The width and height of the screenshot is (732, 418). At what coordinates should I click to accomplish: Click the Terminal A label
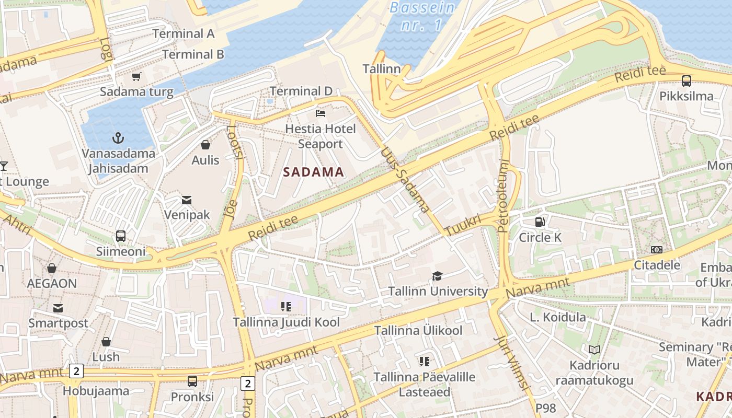184,34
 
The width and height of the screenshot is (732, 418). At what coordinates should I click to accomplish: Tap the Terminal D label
301,91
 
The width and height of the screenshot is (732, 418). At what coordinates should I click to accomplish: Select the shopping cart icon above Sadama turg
136,77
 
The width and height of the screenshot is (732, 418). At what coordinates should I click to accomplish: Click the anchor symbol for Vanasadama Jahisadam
118,138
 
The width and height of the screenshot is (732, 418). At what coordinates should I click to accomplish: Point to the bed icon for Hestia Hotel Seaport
321,113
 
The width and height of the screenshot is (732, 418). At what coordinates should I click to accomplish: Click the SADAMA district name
314,172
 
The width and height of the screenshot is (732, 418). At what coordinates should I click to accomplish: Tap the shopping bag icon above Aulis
205,145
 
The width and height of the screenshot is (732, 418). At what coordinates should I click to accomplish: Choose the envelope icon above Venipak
187,200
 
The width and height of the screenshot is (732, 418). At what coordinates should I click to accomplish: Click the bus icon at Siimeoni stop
121,236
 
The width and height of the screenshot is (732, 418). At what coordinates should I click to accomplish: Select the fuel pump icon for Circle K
540,222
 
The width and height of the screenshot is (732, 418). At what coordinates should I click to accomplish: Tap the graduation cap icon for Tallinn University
438,276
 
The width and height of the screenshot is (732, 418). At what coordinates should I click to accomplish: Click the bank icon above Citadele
657,250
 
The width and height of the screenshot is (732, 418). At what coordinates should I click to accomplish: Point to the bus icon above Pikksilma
687,81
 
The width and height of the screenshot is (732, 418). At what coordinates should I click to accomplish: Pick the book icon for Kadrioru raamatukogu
594,350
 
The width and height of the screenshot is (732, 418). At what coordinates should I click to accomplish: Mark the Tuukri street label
462,225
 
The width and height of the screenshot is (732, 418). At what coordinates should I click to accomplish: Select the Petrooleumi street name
503,196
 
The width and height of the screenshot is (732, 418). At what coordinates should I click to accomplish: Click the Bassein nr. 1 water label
422,16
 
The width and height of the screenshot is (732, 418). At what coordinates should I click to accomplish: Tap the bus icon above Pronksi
192,381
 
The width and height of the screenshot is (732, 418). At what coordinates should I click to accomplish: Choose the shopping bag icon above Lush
106,342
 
